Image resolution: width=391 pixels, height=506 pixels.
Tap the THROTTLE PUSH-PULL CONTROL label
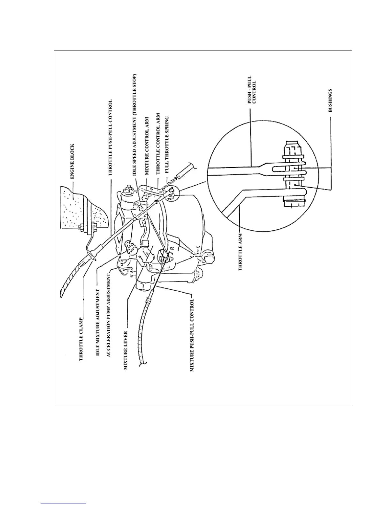(110, 138)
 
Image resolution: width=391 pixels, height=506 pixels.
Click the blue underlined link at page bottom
(64, 503)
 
